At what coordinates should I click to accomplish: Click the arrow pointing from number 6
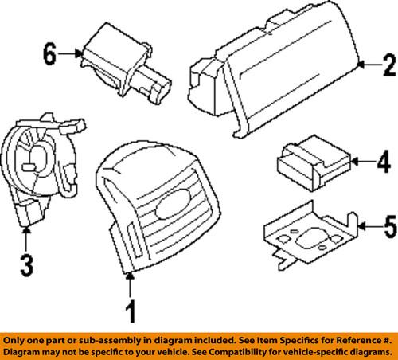point(72,54)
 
